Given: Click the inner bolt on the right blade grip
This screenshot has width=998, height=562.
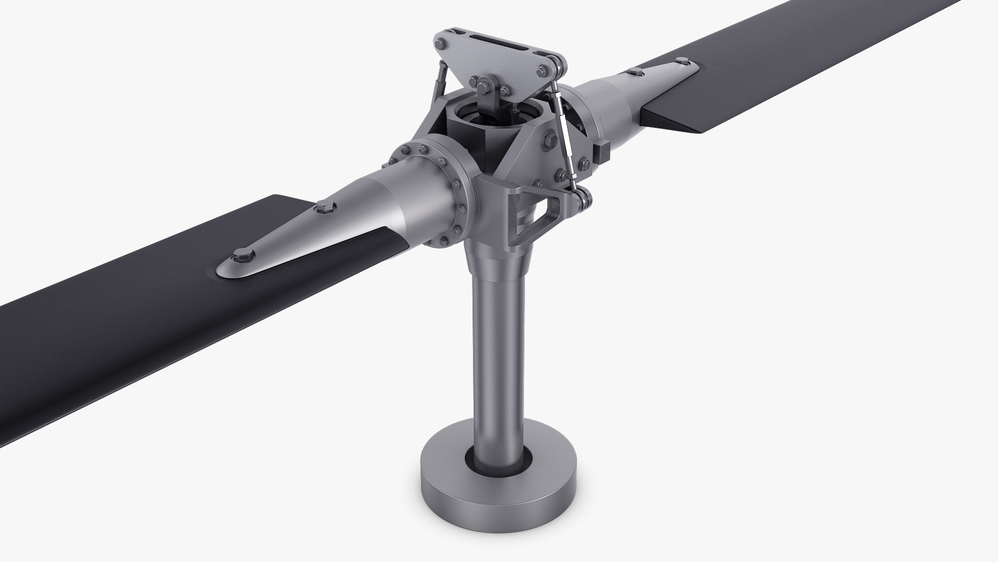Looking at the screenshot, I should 635,70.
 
